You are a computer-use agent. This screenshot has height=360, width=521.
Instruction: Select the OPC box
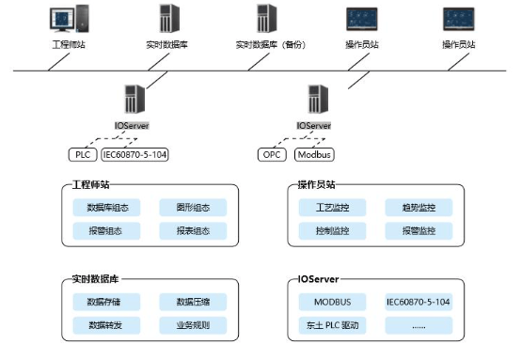click(x=271, y=154)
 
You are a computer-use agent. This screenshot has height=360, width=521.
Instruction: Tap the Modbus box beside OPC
click(x=314, y=154)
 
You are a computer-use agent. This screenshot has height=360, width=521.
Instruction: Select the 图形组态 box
click(x=193, y=208)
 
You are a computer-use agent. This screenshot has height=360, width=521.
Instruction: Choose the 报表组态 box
click(x=193, y=230)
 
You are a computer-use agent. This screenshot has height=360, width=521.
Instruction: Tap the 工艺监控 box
click(x=325, y=208)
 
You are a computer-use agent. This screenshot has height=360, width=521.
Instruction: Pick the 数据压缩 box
click(x=193, y=302)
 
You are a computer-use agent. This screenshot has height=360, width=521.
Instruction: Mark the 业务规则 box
click(x=193, y=325)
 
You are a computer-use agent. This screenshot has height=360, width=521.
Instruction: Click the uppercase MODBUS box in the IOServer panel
click(x=325, y=302)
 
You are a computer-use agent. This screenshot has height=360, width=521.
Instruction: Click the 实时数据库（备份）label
click(x=264, y=44)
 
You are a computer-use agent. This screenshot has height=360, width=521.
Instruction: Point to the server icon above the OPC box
click(x=314, y=100)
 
